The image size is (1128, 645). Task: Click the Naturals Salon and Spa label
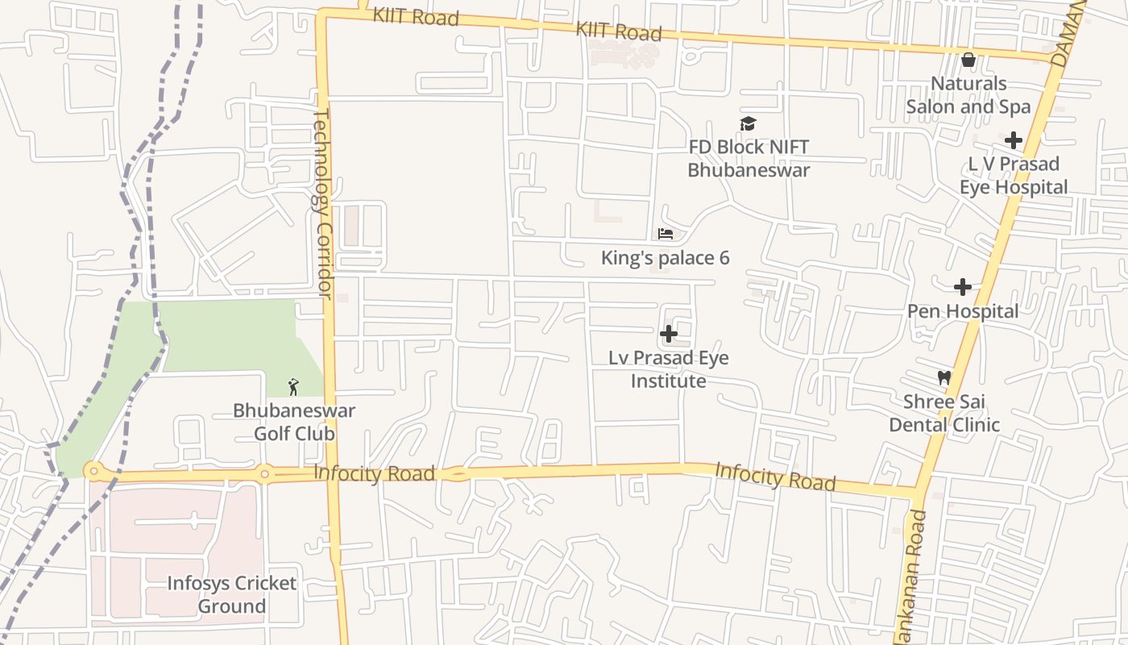(968, 95)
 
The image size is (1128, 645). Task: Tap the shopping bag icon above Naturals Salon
(968, 60)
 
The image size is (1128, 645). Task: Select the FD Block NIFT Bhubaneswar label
(749, 159)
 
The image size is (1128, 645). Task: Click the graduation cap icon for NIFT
(749, 123)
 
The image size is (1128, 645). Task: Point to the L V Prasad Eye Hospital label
(1014, 176)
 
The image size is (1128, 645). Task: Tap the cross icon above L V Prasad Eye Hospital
(1014, 140)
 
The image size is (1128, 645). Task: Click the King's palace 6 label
(666, 258)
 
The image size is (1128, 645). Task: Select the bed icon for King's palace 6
(666, 234)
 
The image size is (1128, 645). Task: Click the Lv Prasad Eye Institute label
(668, 369)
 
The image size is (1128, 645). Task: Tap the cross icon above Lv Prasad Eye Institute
(668, 333)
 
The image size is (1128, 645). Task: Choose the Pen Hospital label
(963, 311)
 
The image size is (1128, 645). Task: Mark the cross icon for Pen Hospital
(963, 287)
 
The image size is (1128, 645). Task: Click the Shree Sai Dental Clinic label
(944, 413)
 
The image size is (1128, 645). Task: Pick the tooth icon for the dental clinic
(944, 377)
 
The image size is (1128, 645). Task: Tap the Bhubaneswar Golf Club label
(294, 422)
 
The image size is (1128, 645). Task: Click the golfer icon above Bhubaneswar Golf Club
(294, 387)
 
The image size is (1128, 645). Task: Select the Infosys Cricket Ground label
(232, 594)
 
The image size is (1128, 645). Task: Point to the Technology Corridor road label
(322, 203)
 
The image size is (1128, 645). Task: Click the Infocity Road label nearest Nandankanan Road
(775, 476)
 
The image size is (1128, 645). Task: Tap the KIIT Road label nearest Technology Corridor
(416, 17)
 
